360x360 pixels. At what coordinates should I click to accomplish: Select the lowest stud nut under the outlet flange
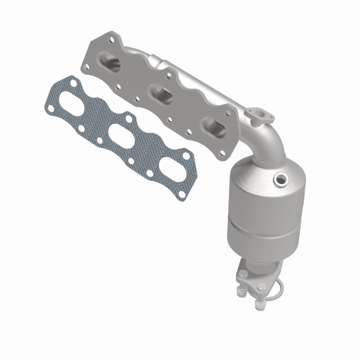[258, 307]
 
